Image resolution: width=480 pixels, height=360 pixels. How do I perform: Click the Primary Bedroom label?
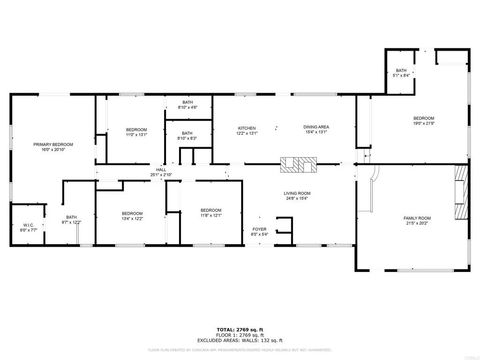click(54, 147)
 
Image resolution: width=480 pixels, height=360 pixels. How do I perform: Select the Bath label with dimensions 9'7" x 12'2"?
click(71, 219)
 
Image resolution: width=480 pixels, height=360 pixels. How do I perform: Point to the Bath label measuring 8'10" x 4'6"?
click(187, 105)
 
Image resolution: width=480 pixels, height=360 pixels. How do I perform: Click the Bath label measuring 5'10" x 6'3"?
click(187, 135)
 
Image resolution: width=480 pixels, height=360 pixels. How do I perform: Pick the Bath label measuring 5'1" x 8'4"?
click(401, 72)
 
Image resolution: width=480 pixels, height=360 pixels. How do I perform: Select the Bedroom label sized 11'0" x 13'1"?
click(136, 132)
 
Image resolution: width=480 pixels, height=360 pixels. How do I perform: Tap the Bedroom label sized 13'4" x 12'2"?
click(133, 215)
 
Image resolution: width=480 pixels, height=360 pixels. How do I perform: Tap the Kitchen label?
click(247, 130)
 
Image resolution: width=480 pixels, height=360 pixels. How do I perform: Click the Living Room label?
click(297, 195)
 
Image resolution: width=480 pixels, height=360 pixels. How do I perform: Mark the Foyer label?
click(259, 232)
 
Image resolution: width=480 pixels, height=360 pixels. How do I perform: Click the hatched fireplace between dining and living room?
click(297, 165)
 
